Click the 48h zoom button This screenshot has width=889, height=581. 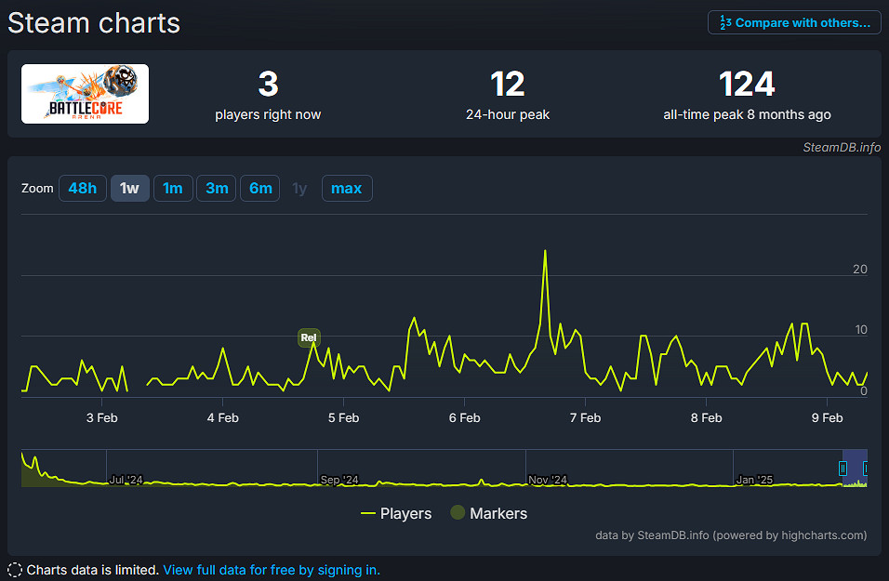tap(82, 189)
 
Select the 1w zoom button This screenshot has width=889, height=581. tap(129, 189)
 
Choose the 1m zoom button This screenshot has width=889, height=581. tap(173, 189)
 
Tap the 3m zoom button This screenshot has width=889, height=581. tap(217, 189)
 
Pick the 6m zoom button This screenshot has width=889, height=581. tap(260, 189)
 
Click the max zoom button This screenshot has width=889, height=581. tap(347, 189)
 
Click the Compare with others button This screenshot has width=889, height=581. tap(794, 22)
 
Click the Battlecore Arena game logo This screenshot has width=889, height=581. tap(85, 94)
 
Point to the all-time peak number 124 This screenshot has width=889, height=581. tap(747, 85)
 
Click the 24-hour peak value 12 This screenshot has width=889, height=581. tap(508, 85)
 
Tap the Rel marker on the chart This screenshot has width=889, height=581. tap(309, 337)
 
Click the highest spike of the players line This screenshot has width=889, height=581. tap(545, 251)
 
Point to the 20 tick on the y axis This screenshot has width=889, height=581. tap(860, 270)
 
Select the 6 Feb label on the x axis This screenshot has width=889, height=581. tap(464, 417)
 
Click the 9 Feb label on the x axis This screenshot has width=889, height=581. tap(827, 417)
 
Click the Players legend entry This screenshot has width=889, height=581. tap(396, 513)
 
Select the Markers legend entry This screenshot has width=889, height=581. tap(489, 513)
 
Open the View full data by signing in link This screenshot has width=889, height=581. tap(272, 570)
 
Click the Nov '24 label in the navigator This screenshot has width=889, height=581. tap(547, 480)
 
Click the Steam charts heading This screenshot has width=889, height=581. tap(94, 22)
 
